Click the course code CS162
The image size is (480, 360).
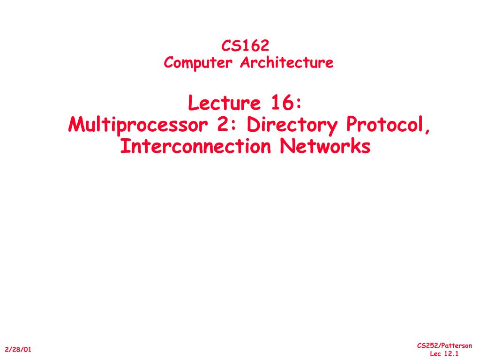[245, 45]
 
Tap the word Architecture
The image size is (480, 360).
[287, 62]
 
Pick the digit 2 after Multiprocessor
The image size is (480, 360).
[223, 125]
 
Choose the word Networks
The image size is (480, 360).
[325, 146]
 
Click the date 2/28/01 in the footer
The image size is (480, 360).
[18, 350]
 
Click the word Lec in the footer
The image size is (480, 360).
[435, 354]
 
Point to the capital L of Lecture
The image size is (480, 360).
[193, 104]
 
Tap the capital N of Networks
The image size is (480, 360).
[288, 146]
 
